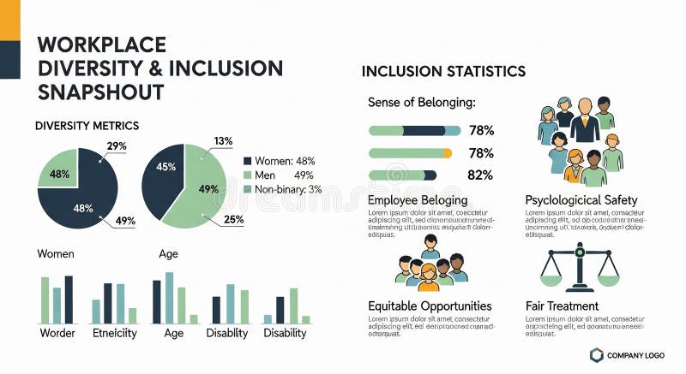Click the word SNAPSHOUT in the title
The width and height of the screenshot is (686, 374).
pos(101,92)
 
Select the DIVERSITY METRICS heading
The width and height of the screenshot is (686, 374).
pos(87,126)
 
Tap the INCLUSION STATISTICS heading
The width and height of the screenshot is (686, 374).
pos(443,71)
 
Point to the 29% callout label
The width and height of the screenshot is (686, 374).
pos(116,146)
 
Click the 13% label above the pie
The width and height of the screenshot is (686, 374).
pos(223,141)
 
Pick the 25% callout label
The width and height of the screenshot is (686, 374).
pos(233,220)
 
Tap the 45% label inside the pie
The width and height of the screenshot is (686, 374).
pos(165,168)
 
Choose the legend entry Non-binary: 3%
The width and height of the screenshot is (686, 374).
pos(282,189)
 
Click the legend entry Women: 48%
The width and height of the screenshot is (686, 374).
pos(280,160)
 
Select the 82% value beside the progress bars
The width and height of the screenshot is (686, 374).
pos(481,175)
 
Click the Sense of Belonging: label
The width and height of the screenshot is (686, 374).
pos(421,102)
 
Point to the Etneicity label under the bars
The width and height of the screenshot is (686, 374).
pos(114,333)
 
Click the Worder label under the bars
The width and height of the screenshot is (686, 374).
pos(57,333)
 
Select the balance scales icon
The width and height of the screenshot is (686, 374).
pos(580,268)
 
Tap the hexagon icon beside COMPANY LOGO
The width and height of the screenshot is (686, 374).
pos(596,355)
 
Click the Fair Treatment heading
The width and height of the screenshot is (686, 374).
pos(562,306)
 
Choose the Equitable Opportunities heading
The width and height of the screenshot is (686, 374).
pos(430,306)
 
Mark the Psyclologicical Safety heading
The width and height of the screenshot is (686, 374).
pos(581,200)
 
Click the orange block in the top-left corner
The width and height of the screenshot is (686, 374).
pos(9,20)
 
